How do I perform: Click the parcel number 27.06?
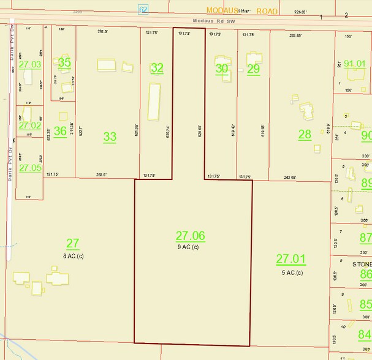click(x=190, y=236)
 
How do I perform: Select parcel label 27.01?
click(x=290, y=259)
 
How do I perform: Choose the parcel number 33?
click(x=110, y=137)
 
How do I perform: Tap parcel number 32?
click(x=157, y=69)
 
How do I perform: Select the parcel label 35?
click(x=64, y=62)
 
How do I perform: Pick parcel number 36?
click(x=60, y=131)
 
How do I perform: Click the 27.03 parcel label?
click(x=30, y=64)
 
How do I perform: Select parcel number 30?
click(x=222, y=69)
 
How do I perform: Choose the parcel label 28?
click(x=305, y=134)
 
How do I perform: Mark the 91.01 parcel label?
click(x=355, y=63)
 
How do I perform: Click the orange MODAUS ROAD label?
click(x=241, y=11)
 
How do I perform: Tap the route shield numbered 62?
click(x=143, y=9)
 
